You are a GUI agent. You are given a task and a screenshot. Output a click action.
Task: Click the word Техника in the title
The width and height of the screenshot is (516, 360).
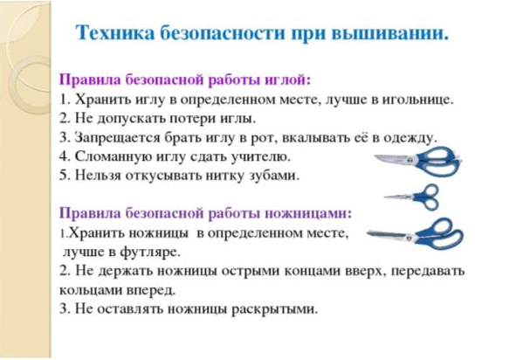115,33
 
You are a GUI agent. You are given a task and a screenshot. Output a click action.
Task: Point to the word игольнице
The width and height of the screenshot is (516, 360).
417,99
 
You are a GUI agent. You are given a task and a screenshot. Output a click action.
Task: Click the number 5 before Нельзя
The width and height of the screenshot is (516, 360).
63,176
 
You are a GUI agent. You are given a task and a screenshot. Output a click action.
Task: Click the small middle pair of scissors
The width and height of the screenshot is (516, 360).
412,197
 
